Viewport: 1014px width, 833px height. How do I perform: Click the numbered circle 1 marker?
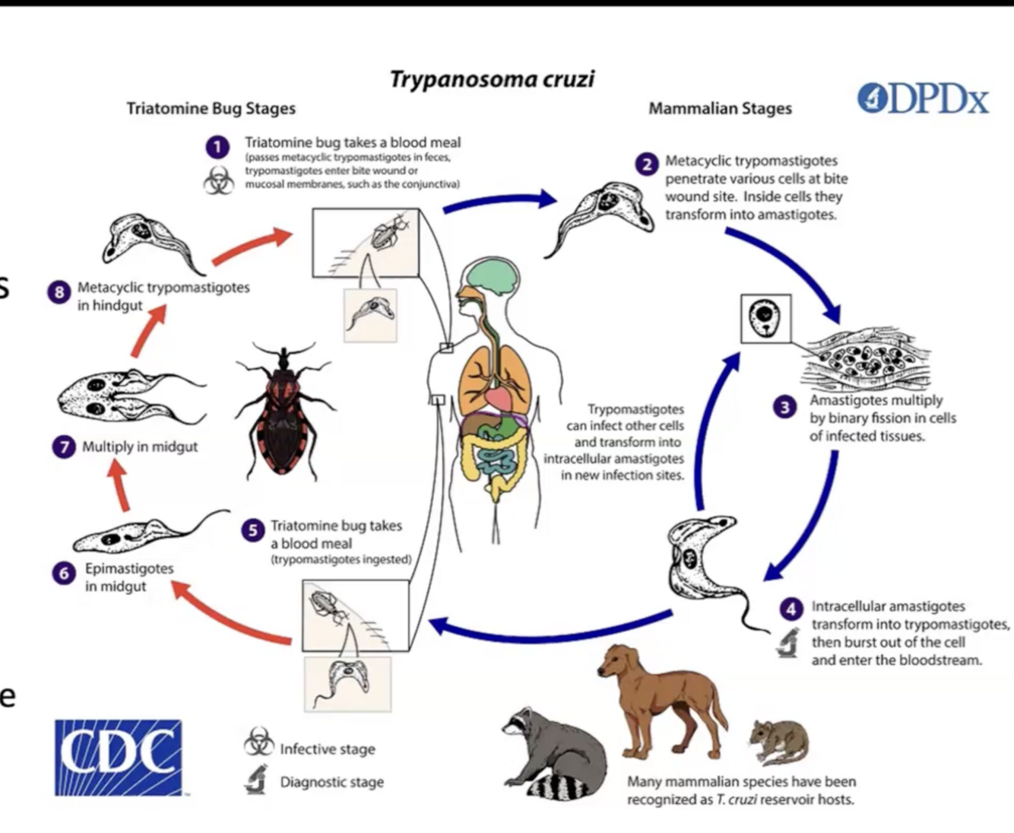point(217,148)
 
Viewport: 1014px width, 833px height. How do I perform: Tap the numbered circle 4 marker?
point(791,609)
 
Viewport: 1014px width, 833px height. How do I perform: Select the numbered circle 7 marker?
point(64,447)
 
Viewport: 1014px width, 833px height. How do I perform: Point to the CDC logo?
point(118,757)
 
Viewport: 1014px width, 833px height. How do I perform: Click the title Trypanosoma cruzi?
point(492,79)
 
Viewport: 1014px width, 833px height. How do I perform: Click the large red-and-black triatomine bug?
point(282,410)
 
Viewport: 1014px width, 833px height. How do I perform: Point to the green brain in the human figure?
point(493,277)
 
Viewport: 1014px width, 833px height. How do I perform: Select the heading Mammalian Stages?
point(720,109)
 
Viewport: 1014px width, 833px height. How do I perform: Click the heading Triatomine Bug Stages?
point(211,109)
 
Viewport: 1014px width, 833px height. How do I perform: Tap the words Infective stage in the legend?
point(327,749)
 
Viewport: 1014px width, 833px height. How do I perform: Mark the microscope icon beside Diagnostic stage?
point(257,780)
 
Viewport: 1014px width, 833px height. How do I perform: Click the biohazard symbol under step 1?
point(218,181)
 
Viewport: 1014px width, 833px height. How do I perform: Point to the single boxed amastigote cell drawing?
point(765,318)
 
